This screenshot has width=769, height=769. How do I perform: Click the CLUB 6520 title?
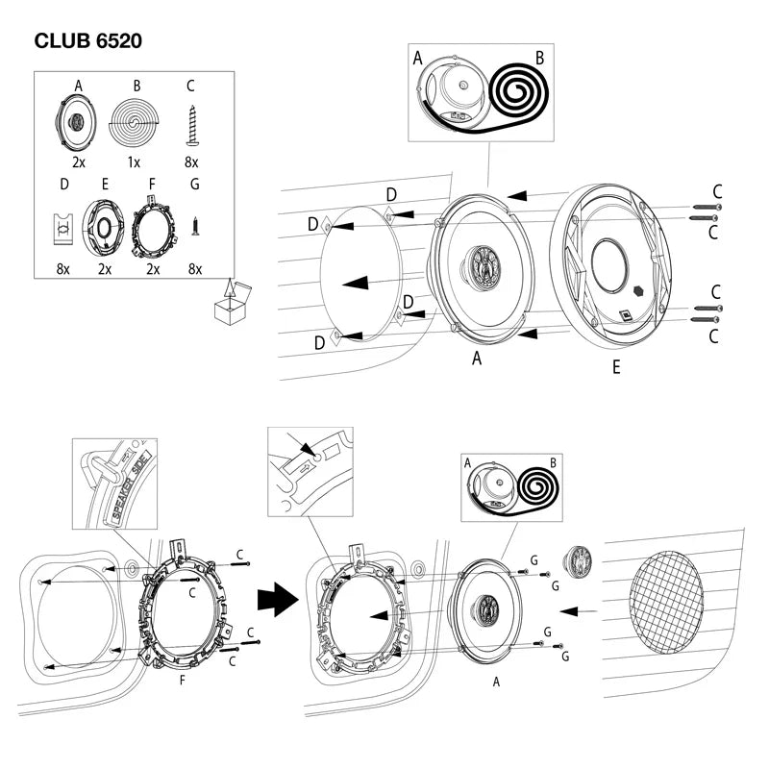89,42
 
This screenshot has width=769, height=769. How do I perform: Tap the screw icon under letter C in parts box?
192,125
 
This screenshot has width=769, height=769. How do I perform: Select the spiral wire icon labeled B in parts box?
136,124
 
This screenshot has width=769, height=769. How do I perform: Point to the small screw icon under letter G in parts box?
195,227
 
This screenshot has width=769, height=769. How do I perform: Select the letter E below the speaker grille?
615,367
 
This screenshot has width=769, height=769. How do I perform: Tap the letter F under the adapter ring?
184,679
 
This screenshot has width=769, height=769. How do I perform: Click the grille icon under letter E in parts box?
104,227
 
